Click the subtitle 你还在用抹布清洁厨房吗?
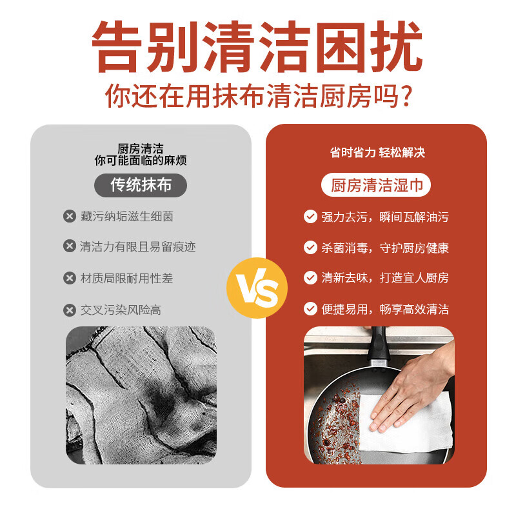tap(258, 96)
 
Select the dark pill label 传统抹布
tap(141, 186)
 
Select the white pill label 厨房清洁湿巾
tap(377, 186)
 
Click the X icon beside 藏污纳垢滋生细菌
tap(70, 217)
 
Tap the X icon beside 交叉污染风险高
tap(70, 310)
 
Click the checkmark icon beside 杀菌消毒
tap(311, 248)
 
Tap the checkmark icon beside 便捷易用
tap(311, 309)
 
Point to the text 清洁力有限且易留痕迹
tap(137, 247)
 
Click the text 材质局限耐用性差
tap(126, 279)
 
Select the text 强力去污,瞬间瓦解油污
tap(385, 217)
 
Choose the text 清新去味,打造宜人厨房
tap(385, 278)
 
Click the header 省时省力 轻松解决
tap(377, 153)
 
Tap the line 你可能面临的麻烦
tap(141, 161)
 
